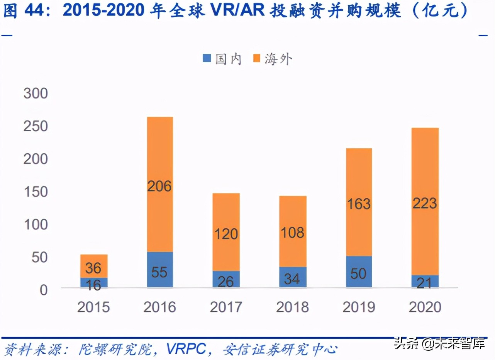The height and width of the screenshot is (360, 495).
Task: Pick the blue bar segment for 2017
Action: [226, 279]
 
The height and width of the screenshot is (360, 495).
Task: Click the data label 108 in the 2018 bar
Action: [292, 233]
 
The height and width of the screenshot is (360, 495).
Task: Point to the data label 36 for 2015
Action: [93, 268]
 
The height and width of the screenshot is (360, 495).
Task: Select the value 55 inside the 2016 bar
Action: [159, 272]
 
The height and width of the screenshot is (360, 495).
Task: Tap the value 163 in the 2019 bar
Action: [359, 204]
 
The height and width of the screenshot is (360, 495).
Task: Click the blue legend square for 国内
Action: [207, 59]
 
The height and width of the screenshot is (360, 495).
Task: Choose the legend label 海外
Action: [278, 59]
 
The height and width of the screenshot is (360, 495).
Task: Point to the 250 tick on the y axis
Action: [36, 126]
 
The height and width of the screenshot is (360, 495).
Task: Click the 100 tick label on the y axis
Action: [36, 224]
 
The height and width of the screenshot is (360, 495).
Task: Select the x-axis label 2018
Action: [292, 307]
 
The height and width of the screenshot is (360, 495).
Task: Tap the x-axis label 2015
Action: [93, 307]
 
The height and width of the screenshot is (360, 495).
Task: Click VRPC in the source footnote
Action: [186, 349]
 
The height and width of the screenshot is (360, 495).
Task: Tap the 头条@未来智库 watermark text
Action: [439, 343]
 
